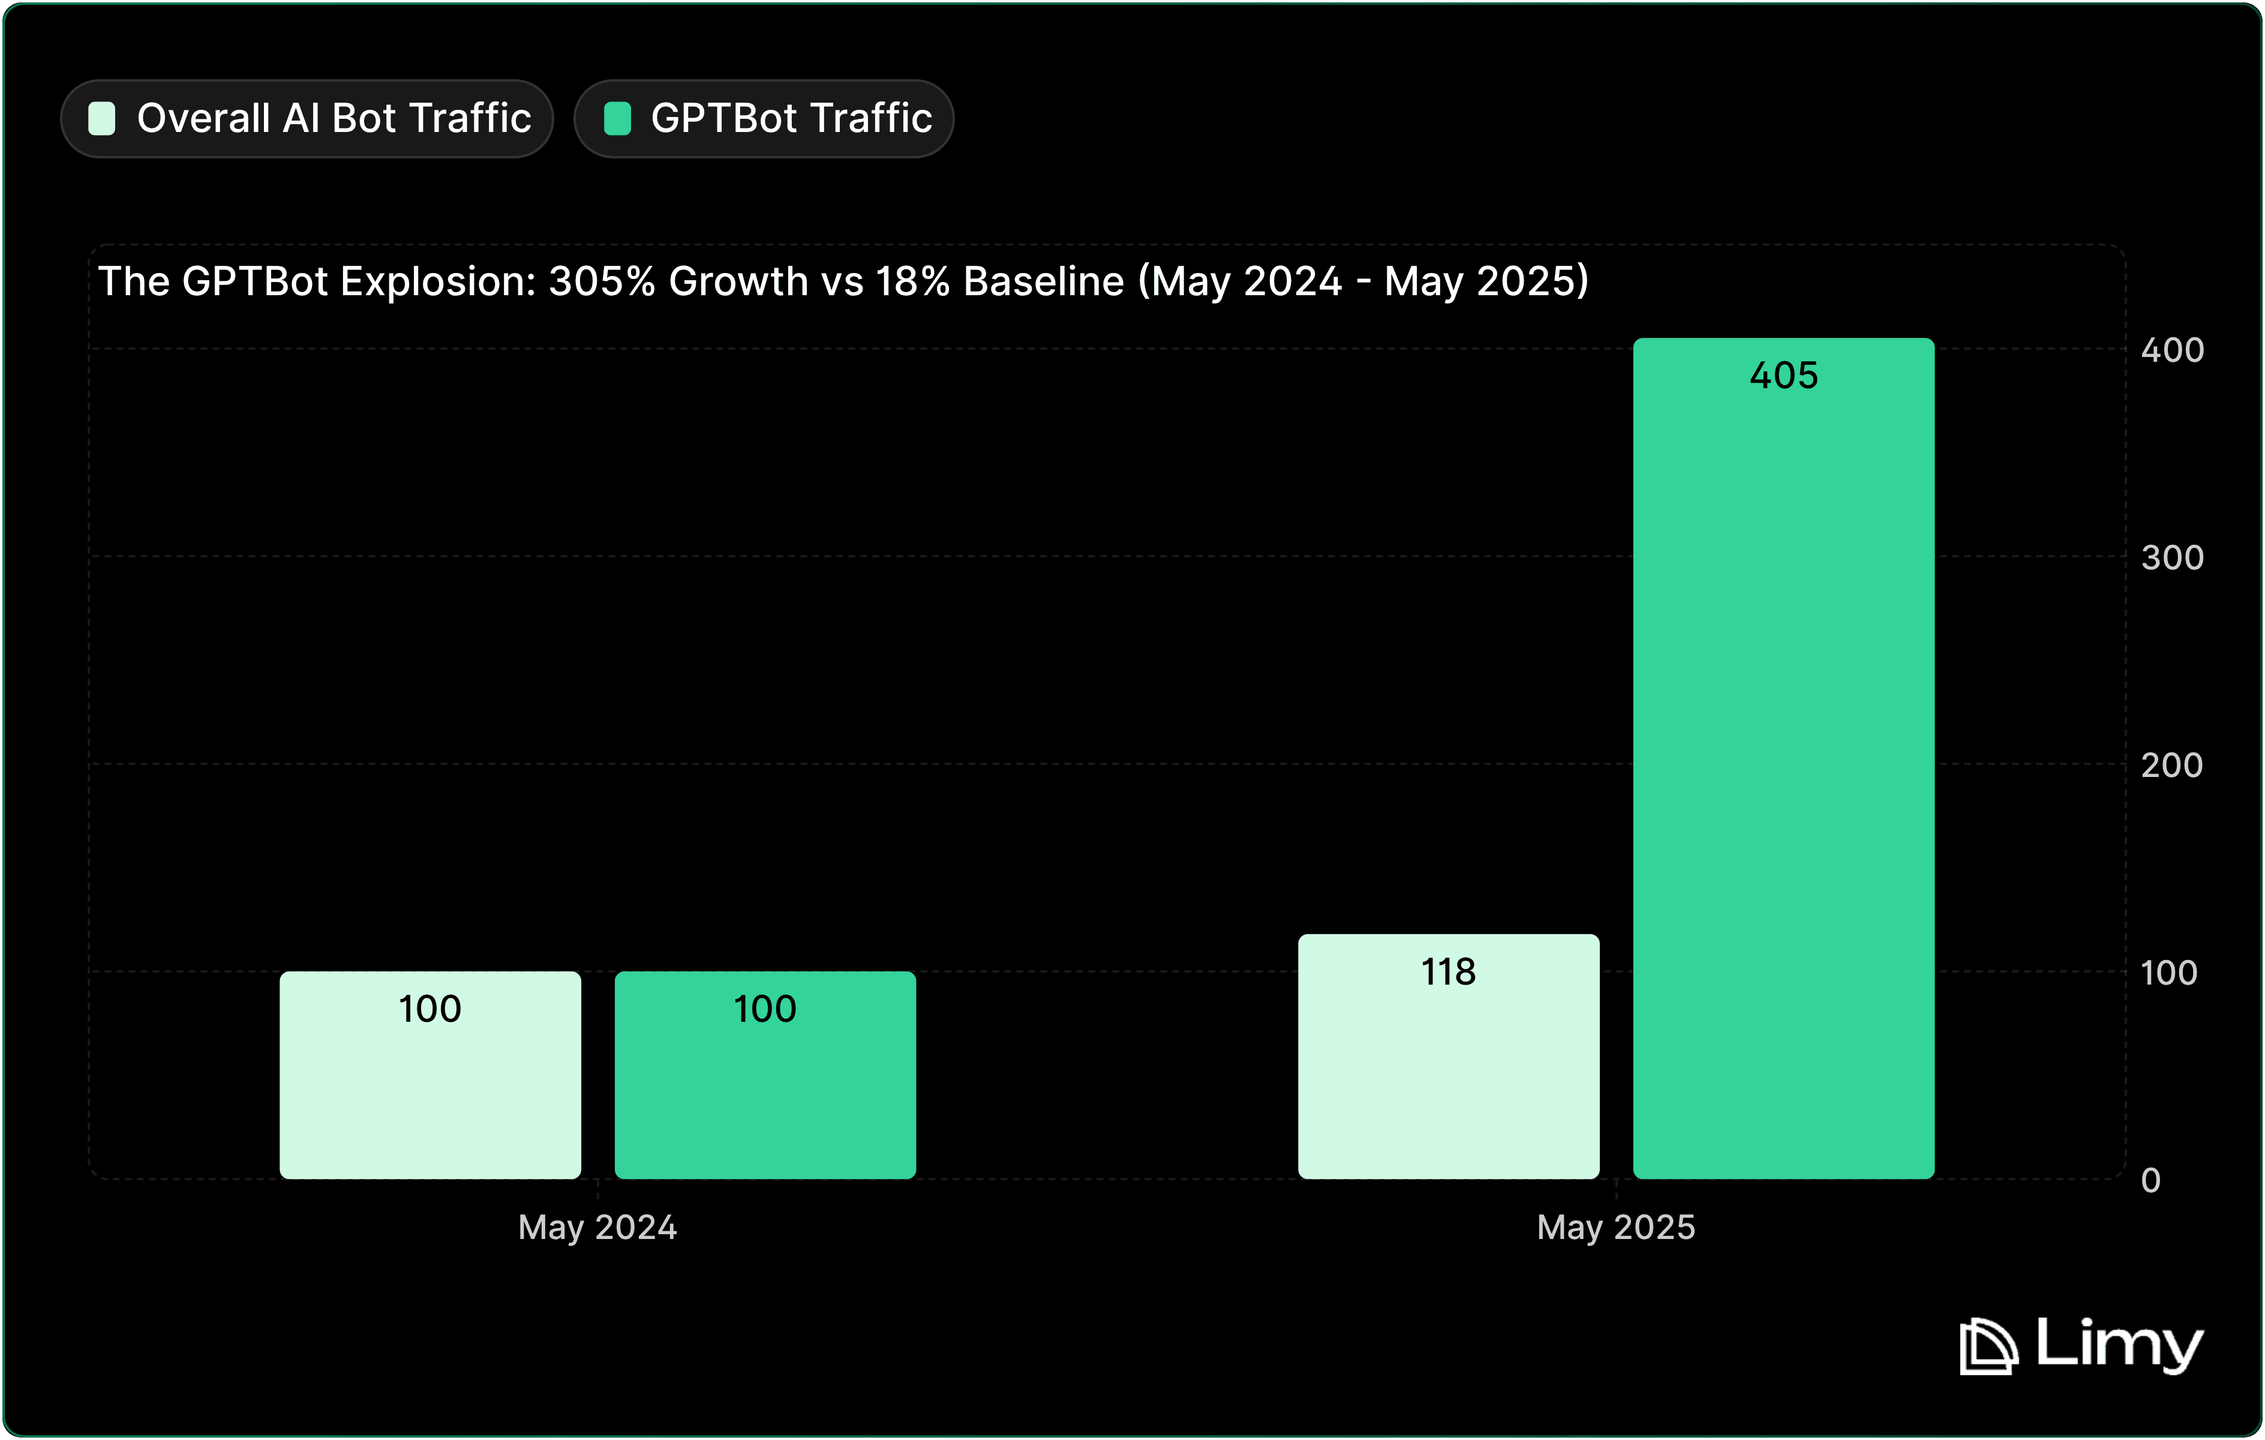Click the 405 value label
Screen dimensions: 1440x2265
tap(1783, 375)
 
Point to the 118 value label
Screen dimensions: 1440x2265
tap(1449, 971)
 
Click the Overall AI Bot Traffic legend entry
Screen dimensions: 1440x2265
tap(308, 119)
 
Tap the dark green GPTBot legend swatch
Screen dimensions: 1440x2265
tap(617, 119)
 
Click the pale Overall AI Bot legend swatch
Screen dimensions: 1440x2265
tap(101, 119)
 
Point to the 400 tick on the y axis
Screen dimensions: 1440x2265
tap(2172, 350)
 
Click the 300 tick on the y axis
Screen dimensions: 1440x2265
tap(2172, 558)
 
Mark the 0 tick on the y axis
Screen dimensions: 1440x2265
tap(2151, 1180)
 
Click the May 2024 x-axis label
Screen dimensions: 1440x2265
tap(597, 1228)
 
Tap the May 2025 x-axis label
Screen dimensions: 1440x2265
tap(1616, 1228)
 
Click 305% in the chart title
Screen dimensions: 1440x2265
tap(602, 281)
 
